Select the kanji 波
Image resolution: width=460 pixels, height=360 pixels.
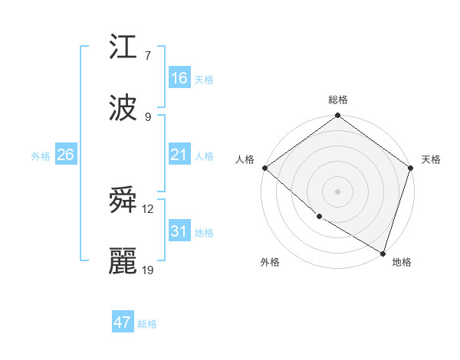click(123, 107)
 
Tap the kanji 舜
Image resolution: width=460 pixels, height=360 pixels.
click(123, 201)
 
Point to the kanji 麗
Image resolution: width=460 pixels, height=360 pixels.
click(123, 261)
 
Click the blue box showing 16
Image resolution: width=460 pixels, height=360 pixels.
click(179, 78)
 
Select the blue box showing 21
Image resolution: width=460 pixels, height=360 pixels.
click(179, 155)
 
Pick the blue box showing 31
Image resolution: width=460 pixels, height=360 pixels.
click(179, 231)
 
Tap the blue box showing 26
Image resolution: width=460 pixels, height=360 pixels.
click(65, 155)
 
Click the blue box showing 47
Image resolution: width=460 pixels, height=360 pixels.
click(123, 322)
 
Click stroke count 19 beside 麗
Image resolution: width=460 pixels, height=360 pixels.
click(149, 270)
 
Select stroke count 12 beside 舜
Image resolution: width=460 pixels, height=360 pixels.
click(148, 209)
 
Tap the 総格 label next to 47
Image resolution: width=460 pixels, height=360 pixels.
click(147, 324)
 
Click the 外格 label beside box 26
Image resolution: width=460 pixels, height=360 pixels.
click(41, 156)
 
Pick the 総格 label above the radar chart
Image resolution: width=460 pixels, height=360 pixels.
click(338, 100)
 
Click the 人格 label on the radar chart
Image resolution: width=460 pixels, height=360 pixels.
click(245, 160)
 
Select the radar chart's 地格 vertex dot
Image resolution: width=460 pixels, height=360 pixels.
click(383, 253)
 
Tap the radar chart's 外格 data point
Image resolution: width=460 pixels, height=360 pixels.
click(319, 217)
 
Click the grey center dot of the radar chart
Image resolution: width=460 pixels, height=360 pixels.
click(338, 191)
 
